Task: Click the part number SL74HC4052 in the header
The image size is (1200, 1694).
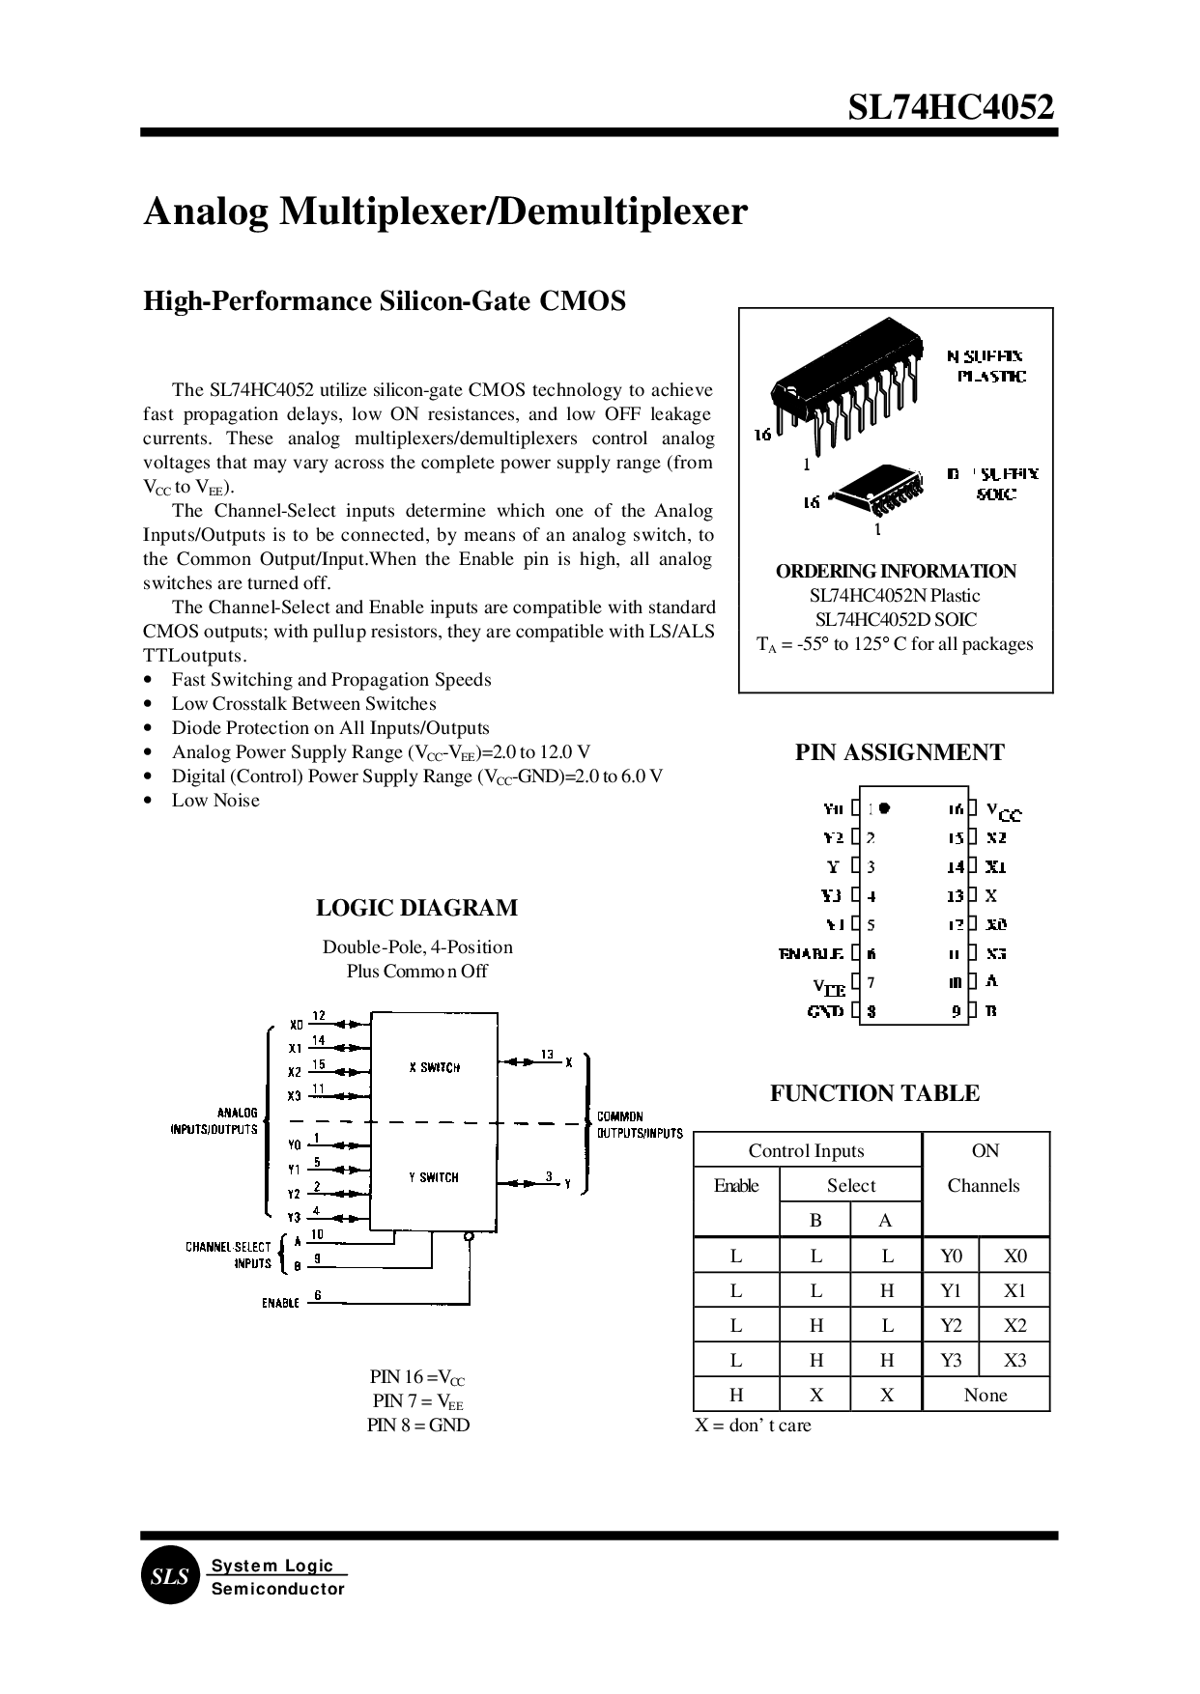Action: point(951,106)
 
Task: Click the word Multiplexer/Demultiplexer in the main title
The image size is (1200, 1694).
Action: point(513,212)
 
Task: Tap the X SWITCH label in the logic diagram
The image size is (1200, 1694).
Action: point(434,1067)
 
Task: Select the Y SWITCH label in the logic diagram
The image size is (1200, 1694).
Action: point(434,1177)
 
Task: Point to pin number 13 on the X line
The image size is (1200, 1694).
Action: point(547,1054)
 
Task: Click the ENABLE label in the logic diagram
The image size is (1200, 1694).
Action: point(280,1303)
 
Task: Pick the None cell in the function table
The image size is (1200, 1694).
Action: point(986,1395)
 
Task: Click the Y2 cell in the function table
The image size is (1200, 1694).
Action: point(951,1325)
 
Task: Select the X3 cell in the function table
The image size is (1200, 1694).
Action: point(1014,1360)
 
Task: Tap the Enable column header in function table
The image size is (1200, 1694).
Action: point(736,1185)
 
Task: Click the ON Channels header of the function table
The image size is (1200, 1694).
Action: point(985,1168)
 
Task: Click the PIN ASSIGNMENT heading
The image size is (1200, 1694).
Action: point(899,752)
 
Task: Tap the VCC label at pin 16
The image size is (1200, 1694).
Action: point(1003,811)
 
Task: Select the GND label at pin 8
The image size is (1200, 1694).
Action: point(825,1011)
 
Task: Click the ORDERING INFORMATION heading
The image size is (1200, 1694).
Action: point(896,571)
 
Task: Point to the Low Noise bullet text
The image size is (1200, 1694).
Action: point(215,800)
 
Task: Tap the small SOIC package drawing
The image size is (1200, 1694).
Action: point(877,491)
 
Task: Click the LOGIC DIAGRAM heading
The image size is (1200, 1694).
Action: point(416,908)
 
